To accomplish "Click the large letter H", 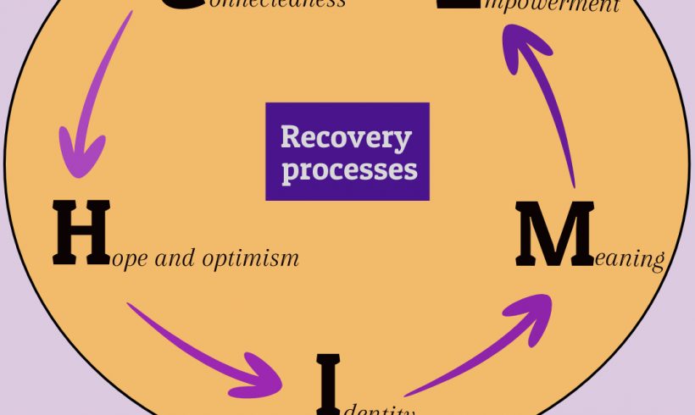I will coord(81,230).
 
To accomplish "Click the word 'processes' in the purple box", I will coord(349,169).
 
